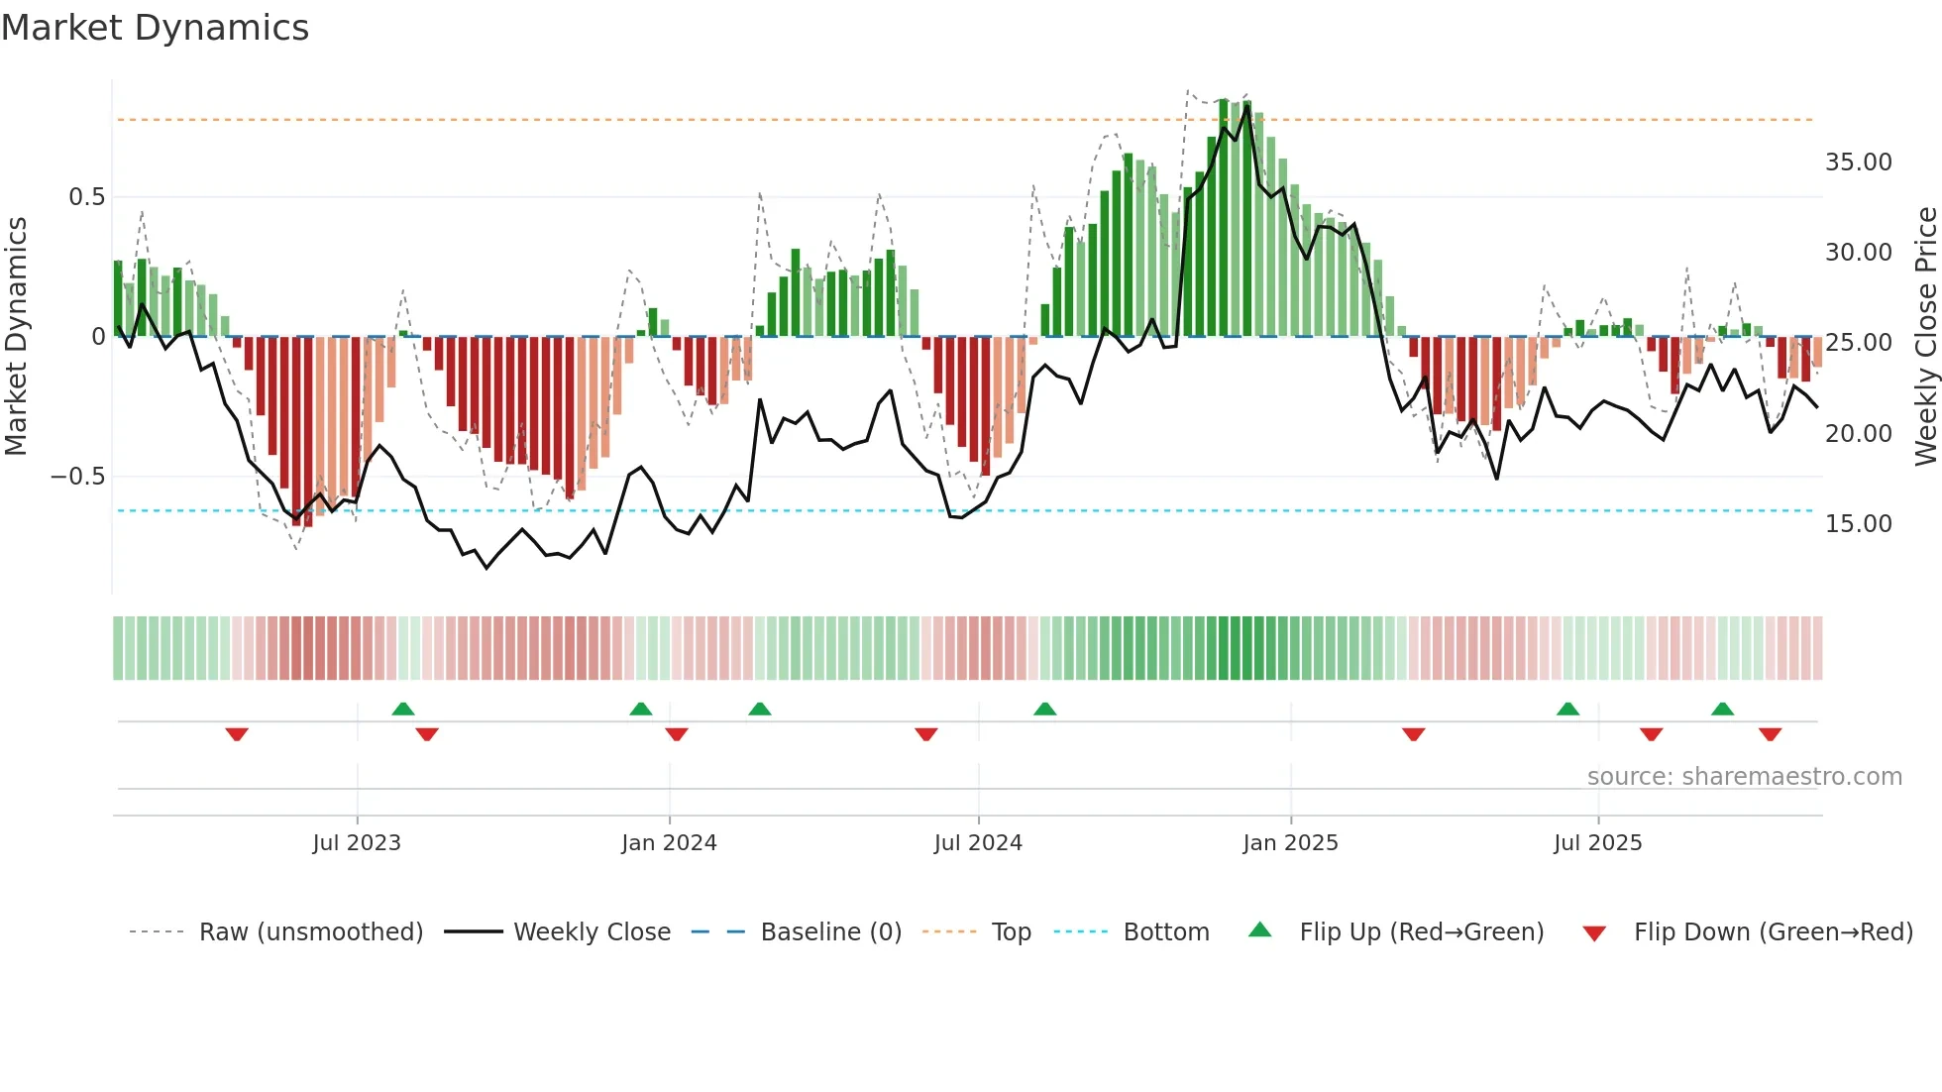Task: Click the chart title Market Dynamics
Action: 156,28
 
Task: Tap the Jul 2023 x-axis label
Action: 357,843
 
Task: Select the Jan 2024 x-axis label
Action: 669,843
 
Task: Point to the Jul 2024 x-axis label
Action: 978,843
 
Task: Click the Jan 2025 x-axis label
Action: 1290,843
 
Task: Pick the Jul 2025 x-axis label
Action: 1597,843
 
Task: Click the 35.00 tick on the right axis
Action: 1858,163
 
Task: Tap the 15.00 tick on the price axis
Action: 1858,524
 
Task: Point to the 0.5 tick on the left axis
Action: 86,197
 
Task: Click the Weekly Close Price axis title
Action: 1925,337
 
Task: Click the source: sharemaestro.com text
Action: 1744,777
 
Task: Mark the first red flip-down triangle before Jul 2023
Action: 237,734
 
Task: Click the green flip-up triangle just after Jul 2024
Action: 1044,709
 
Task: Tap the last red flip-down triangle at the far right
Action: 1770,734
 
